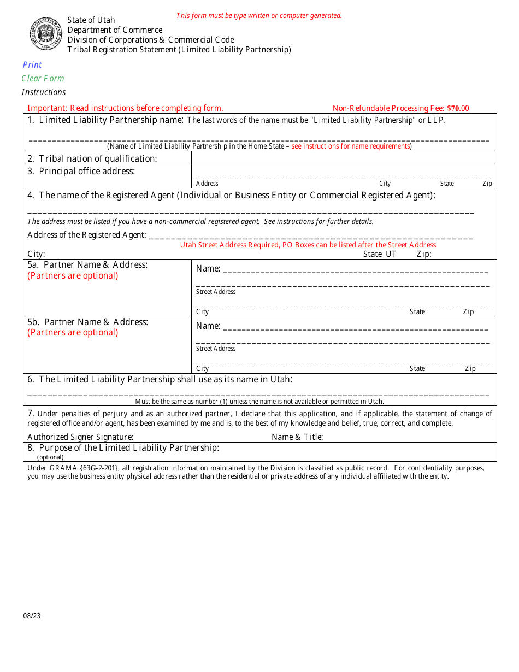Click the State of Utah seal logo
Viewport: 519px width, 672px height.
46,33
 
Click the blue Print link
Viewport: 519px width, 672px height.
32,65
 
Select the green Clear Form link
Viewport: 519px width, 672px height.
43,79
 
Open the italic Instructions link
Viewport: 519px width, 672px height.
44,92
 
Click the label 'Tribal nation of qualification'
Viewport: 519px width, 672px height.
98,158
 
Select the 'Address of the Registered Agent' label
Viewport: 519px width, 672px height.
87,235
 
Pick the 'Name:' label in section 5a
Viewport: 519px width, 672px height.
208,269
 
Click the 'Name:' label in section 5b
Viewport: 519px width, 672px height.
208,326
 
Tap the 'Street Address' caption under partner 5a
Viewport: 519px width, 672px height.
216,292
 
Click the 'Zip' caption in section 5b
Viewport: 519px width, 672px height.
470,369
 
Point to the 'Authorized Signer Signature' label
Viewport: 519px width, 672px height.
80,437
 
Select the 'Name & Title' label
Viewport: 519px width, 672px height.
297,437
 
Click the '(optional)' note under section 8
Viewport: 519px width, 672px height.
50,457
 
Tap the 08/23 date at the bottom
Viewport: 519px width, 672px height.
32,616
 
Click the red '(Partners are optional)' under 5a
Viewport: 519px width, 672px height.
73,276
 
